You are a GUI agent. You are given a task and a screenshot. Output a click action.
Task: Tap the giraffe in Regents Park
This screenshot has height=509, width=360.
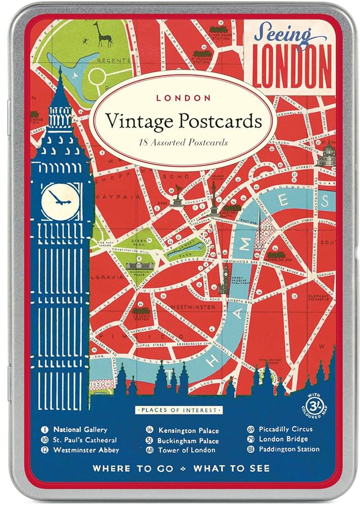pyautogui.click(x=105, y=36)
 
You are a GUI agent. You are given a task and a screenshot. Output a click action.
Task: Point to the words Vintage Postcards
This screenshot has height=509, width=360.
pyautogui.click(x=184, y=123)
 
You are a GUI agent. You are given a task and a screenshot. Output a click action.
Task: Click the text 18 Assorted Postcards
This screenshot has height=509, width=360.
pyautogui.click(x=184, y=142)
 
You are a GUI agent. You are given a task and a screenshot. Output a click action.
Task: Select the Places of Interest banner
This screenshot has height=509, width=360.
pyautogui.click(x=179, y=409)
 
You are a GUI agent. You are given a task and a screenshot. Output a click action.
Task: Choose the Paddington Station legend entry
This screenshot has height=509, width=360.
pyautogui.click(x=285, y=449)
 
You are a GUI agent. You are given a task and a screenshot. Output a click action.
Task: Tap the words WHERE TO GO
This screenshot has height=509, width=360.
pyautogui.click(x=132, y=468)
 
